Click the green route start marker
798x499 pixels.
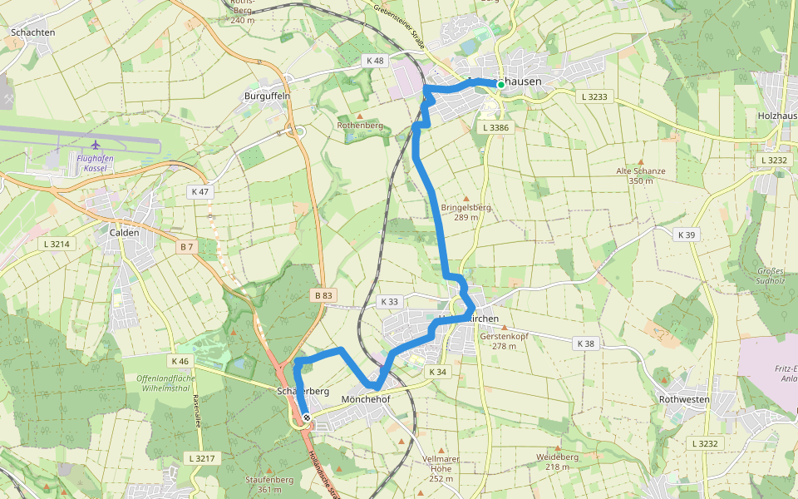pos(500,84)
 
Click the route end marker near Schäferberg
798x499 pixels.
pos(307,417)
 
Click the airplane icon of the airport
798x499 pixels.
pos(96,146)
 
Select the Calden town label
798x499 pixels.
pos(124,233)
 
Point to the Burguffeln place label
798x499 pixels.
pos(266,96)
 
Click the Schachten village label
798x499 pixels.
pos(33,33)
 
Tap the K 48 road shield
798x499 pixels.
pos(375,61)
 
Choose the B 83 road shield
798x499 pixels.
pos(323,295)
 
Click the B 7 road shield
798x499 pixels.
pos(187,247)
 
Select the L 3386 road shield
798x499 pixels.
pos(495,127)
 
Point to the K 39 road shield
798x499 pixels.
pos(686,235)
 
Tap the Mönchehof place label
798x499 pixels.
pos(366,399)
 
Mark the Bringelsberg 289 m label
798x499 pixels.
pos(466,212)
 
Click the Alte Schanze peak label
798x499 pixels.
pos(640,175)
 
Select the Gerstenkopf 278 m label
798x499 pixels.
pos(504,341)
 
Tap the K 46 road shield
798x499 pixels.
pos(180,362)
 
